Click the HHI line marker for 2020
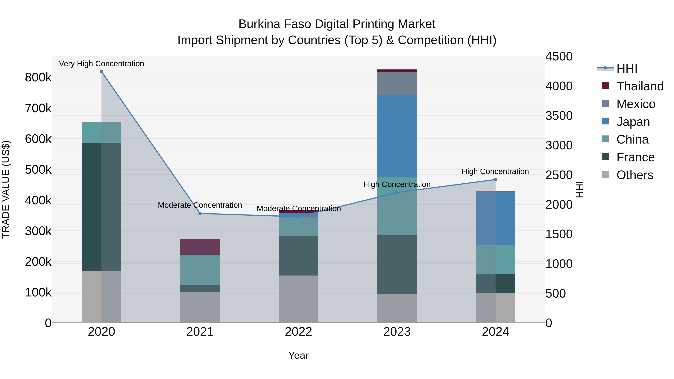(101, 72)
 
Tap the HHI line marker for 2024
(495, 180)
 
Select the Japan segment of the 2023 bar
(397, 136)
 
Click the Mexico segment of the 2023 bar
(397, 83)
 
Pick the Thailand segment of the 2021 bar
(200, 247)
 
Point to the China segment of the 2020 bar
(101, 133)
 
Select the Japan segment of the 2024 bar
(495, 218)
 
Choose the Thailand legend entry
(640, 86)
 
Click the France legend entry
(635, 157)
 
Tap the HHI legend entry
(627, 69)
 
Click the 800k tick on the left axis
(38, 77)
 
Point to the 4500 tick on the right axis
(559, 57)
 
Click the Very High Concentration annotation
(101, 64)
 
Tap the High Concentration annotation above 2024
(495, 171)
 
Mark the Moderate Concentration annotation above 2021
(200, 205)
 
